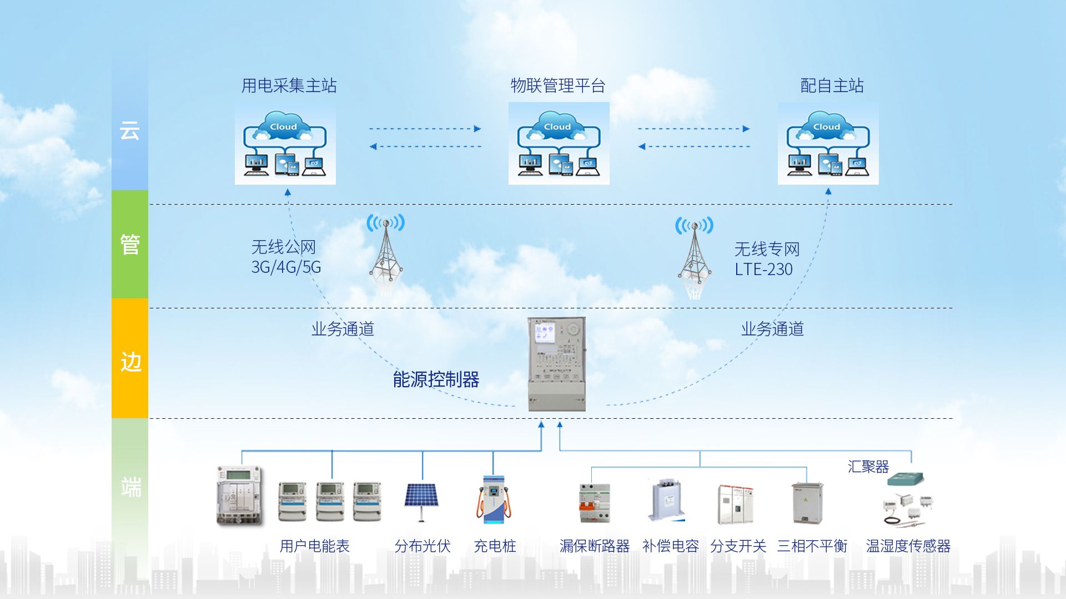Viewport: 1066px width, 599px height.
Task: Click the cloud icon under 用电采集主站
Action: (x=285, y=143)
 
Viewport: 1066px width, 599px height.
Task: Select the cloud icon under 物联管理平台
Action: (x=559, y=143)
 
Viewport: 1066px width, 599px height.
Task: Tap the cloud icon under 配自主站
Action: (x=828, y=143)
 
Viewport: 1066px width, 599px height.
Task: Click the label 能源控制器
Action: (x=436, y=379)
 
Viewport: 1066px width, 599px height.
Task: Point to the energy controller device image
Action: (x=556, y=364)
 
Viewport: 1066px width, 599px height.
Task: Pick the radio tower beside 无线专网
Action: (x=695, y=256)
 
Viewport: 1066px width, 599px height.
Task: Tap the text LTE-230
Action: (x=763, y=270)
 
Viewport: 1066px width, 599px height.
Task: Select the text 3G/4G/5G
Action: (x=286, y=267)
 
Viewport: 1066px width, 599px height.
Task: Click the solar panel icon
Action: (x=421, y=499)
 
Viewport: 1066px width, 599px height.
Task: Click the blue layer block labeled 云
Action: (x=130, y=131)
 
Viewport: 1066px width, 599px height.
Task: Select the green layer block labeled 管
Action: (x=130, y=244)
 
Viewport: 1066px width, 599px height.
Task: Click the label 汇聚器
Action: (x=868, y=466)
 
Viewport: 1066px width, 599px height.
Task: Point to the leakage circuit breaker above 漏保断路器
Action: (x=594, y=502)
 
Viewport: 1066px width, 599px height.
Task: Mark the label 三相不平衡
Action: (x=812, y=546)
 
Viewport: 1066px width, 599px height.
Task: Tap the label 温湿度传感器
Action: (x=908, y=546)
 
